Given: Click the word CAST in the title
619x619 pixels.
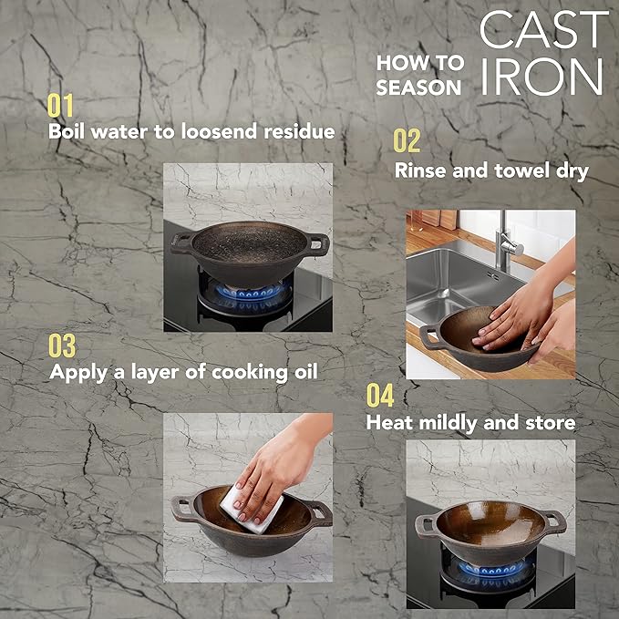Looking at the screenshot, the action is [543, 29].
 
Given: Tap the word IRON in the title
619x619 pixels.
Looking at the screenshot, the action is [542, 77].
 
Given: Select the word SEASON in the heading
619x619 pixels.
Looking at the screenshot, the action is [418, 88].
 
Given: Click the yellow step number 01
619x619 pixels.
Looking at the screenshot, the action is [60, 106].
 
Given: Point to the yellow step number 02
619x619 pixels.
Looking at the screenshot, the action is [407, 141].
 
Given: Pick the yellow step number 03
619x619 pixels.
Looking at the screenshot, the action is [62, 346].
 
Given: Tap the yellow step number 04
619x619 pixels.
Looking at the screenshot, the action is [380, 395].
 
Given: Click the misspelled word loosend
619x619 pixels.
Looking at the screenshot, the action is [219, 131].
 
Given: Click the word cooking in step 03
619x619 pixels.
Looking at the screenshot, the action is [250, 373].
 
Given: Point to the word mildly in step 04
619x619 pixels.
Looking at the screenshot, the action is [449, 423].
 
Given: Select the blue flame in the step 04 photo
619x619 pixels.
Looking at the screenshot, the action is [491, 569].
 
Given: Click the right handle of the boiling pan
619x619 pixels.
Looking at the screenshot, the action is [318, 244].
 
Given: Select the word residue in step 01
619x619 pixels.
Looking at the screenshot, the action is [300, 131].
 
